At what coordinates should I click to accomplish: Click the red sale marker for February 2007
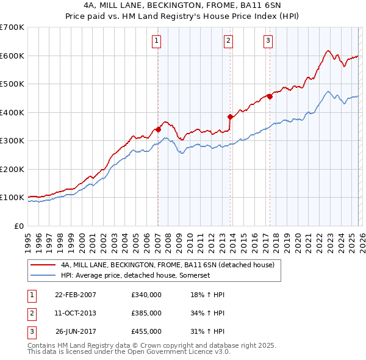158,129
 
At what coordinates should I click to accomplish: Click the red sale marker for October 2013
230,117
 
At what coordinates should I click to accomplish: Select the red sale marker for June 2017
270,96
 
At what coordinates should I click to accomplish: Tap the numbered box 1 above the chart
157,41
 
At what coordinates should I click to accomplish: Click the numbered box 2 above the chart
228,41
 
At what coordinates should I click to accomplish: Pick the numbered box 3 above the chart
268,41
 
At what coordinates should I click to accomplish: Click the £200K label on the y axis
12,170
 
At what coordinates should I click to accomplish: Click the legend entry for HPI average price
135,276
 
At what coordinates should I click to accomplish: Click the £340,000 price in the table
146,295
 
